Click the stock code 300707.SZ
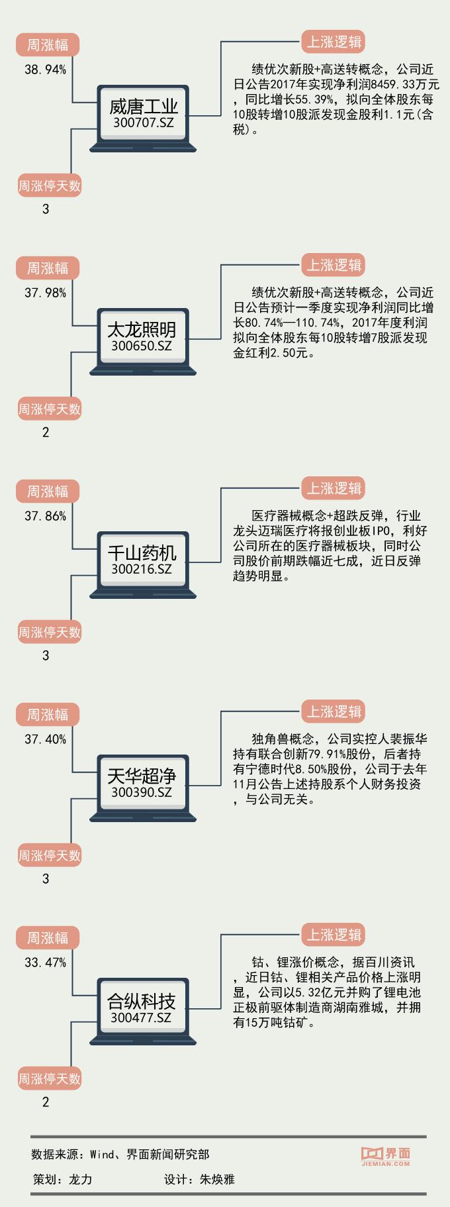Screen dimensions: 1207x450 tap(143, 123)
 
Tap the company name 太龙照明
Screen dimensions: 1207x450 tap(142, 329)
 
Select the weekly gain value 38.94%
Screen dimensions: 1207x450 tap(45, 70)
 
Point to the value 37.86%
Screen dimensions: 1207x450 tap(45, 516)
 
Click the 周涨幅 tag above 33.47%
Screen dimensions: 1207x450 tap(48, 937)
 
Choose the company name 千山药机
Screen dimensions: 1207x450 tap(142, 552)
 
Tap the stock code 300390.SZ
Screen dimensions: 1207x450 tap(142, 792)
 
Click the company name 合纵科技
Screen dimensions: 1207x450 tap(142, 1001)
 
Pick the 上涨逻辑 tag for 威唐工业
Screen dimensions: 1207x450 tap(334, 42)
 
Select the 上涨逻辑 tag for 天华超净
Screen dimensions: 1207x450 tap(334, 711)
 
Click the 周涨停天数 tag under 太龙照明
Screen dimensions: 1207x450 tap(49, 409)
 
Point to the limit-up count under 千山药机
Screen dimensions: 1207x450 tap(46, 656)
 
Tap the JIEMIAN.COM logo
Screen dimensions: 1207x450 tap(386, 1156)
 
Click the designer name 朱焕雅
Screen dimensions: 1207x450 tap(217, 1179)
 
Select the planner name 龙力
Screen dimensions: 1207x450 tap(81, 1179)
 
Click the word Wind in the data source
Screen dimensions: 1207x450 tap(102, 1155)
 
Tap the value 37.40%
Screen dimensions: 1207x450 tap(45, 739)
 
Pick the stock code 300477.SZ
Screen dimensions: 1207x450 tap(141, 1018)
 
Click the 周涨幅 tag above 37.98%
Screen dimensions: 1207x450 tap(48, 268)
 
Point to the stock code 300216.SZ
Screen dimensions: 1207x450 tap(142, 569)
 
